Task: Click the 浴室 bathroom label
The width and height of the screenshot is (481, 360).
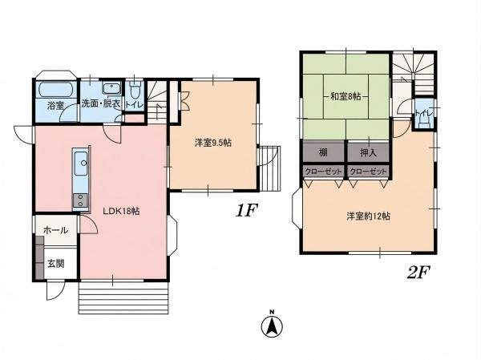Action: click(55, 106)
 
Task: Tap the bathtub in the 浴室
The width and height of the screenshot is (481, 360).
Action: click(56, 90)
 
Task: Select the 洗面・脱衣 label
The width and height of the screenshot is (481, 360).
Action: click(101, 103)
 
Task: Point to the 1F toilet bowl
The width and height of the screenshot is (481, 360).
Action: click(135, 90)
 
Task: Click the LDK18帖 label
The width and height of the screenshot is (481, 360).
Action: click(121, 211)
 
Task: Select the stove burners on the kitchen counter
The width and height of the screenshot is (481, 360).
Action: click(80, 200)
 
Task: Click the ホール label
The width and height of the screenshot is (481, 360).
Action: click(55, 230)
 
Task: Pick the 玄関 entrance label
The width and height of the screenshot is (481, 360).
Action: click(56, 263)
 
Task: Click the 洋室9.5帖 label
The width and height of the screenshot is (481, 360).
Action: click(213, 143)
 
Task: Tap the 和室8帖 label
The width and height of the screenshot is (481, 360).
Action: click(345, 97)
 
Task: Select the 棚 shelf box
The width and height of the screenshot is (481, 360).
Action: click(324, 152)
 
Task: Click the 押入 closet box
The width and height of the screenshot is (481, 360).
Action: click(368, 152)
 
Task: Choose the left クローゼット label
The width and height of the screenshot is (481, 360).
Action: click(324, 172)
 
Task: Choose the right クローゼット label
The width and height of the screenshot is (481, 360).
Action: click(368, 172)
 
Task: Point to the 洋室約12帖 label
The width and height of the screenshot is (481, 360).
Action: click(369, 216)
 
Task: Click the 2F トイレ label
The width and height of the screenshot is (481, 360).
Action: click(424, 113)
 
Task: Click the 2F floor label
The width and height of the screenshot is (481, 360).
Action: click(419, 272)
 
